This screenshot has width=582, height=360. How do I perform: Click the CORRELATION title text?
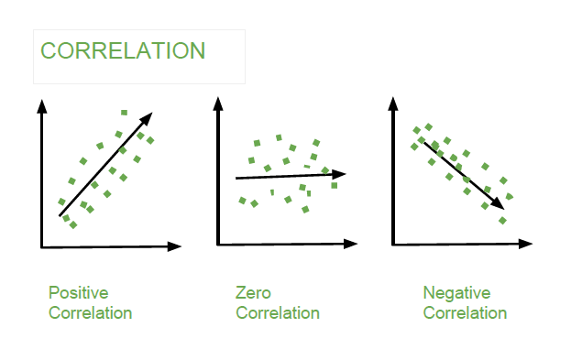[x=123, y=50]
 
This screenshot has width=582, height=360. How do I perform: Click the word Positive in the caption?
[x=78, y=293]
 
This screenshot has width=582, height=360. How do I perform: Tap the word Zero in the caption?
[x=253, y=293]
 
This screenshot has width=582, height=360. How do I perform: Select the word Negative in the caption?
[x=456, y=293]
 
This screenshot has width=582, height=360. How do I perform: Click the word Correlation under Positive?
[x=90, y=313]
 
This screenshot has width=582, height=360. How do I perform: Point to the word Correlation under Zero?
[x=278, y=313]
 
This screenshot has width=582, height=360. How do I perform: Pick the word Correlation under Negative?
[x=465, y=313]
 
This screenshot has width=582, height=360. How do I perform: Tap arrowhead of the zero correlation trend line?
[x=340, y=173]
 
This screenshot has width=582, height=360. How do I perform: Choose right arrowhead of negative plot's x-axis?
[x=526, y=244]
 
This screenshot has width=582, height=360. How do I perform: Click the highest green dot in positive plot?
[x=124, y=113]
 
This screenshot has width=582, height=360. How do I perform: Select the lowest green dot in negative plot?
[x=502, y=220]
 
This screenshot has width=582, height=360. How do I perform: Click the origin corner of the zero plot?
[x=218, y=244]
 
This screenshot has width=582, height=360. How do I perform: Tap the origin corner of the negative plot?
[x=393, y=244]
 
